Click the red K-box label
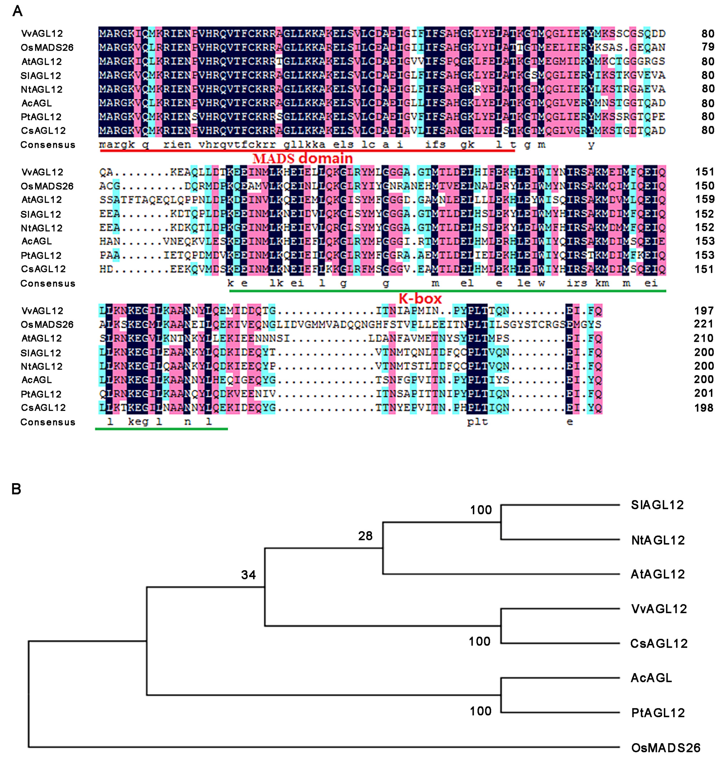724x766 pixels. [x=420, y=298]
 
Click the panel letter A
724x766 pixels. [x=17, y=11]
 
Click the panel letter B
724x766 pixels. [x=16, y=489]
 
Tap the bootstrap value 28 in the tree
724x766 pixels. [x=365, y=536]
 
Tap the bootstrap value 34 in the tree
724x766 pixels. [x=248, y=575]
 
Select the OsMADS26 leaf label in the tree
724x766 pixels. [x=665, y=748]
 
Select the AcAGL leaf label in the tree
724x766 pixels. [x=651, y=678]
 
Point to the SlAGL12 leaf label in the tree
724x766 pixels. [x=657, y=505]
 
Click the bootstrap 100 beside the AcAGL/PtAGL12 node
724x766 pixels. [x=480, y=711]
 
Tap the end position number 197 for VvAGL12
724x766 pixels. [x=703, y=310]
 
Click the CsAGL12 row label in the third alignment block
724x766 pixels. [x=43, y=408]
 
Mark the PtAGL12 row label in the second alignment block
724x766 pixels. [x=41, y=255]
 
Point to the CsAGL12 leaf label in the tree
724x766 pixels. [x=659, y=644]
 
